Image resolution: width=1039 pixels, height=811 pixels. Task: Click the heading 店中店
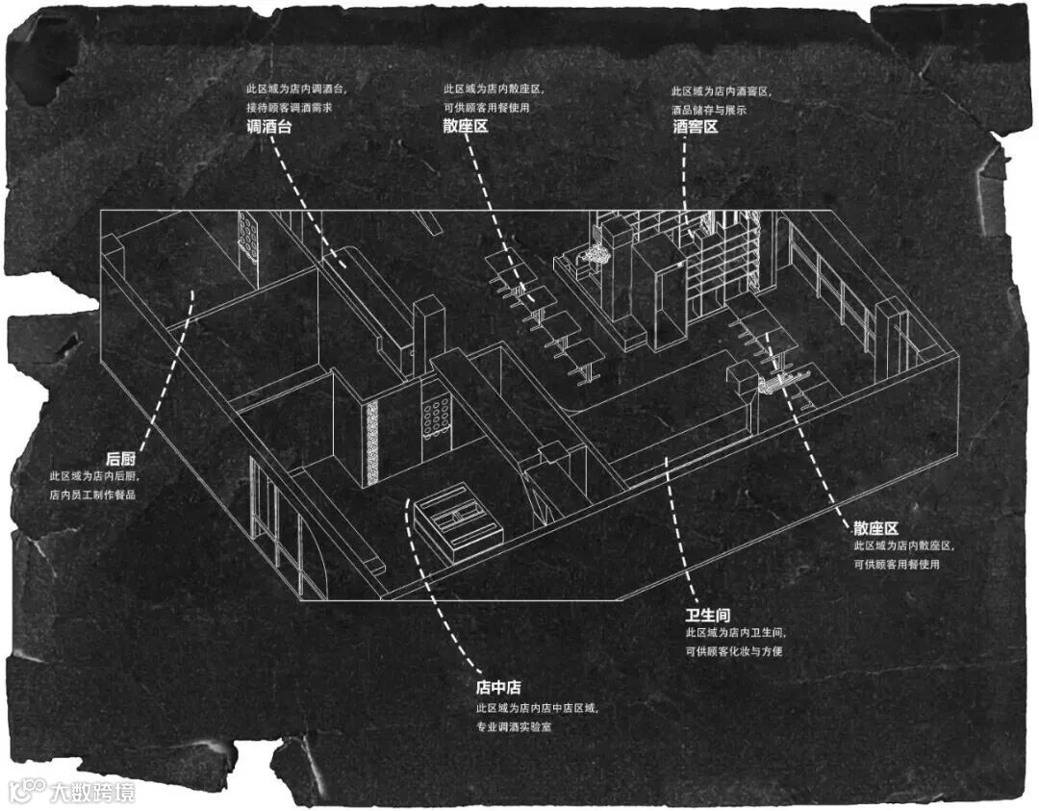click(498, 687)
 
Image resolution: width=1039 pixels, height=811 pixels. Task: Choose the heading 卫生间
click(708, 615)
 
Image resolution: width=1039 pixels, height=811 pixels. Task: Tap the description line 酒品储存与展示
click(710, 109)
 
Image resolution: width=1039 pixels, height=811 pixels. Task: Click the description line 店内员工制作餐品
click(93, 494)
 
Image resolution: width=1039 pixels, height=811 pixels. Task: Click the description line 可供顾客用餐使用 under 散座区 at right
click(896, 565)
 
